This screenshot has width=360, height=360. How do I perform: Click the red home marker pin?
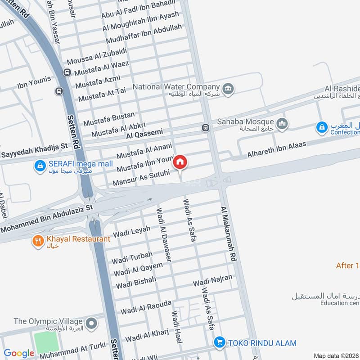(x=180, y=162)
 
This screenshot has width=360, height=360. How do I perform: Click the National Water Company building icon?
(x=228, y=88)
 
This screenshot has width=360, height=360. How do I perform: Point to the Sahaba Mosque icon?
(x=282, y=123)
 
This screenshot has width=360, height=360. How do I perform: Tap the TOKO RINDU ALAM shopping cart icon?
(x=219, y=342)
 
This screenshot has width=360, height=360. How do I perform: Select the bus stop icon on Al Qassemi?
(x=205, y=128)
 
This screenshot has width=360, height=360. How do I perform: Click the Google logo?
(x=19, y=353)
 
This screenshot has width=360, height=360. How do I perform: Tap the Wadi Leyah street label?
(x=131, y=232)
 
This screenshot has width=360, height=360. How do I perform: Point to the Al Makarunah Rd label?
(x=229, y=234)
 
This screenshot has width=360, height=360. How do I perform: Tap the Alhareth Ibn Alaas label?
(x=276, y=150)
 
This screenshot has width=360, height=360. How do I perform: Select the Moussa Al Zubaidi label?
(x=96, y=56)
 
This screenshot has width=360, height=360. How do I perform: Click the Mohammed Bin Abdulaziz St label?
(x=46, y=219)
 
